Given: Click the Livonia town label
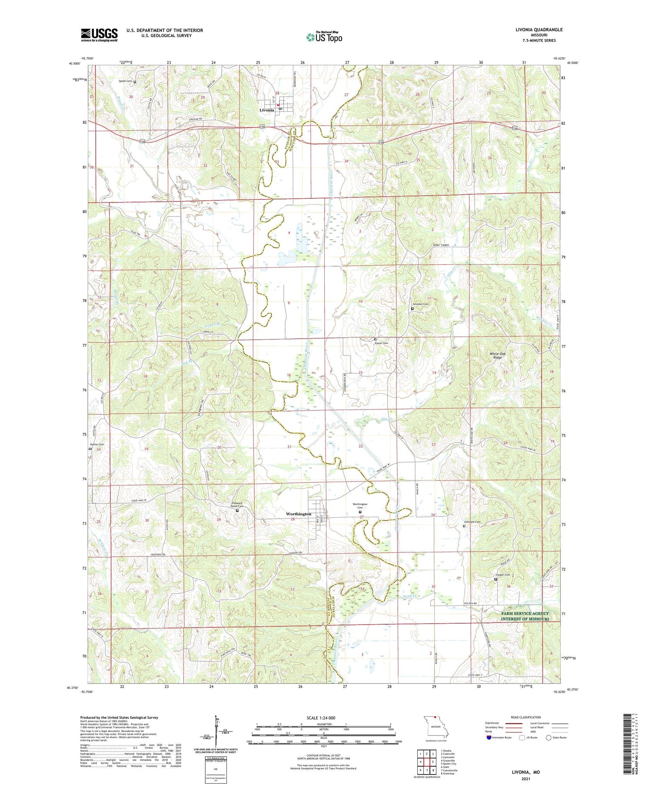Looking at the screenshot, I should (x=266, y=110).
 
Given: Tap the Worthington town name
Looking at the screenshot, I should (x=298, y=514).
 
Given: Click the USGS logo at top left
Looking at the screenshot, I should (x=99, y=35).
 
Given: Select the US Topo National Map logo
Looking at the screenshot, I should (x=324, y=37).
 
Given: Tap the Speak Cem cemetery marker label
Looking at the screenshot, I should (x=126, y=81).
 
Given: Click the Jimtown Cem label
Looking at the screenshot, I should (x=420, y=304).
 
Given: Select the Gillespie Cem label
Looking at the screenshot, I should (x=472, y=522).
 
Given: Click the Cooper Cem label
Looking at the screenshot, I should (x=502, y=575).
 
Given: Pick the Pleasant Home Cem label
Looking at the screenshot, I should (x=237, y=505).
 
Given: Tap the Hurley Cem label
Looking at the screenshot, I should (x=97, y=445).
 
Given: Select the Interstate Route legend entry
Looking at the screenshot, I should (x=501, y=738).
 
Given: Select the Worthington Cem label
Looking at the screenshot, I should (x=360, y=506).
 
